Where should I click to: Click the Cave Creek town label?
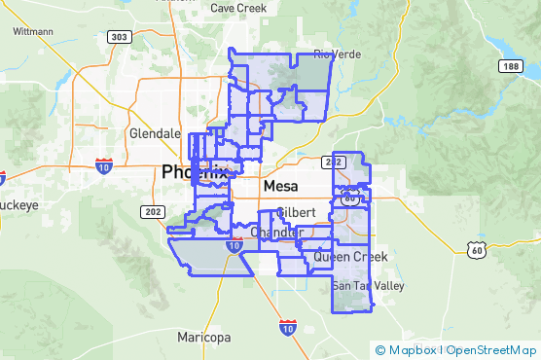(x=238, y=8)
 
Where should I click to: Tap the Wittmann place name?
(x=34, y=31)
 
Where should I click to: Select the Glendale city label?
(x=155, y=133)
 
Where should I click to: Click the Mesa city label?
(x=280, y=184)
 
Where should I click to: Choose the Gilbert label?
(x=296, y=212)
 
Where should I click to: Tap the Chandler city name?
(x=270, y=234)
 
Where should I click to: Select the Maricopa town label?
(x=204, y=338)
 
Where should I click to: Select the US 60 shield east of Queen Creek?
(x=476, y=250)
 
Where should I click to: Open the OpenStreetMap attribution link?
(x=491, y=350)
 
